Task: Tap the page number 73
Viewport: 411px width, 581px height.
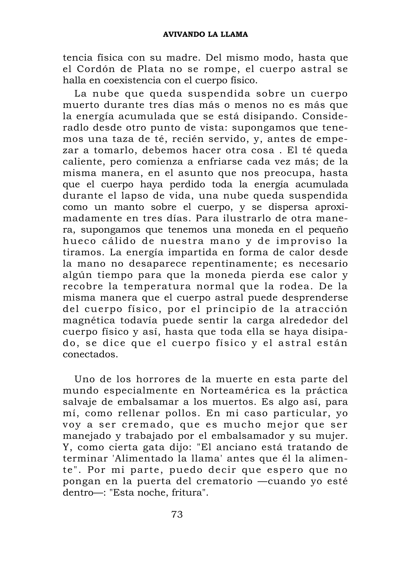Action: (177, 514)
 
